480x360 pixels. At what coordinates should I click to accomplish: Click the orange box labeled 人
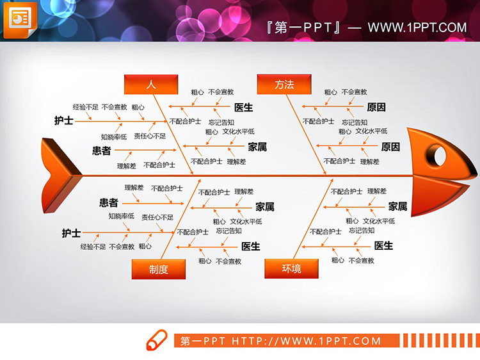(x=151, y=84)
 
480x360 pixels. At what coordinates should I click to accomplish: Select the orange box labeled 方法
(x=284, y=84)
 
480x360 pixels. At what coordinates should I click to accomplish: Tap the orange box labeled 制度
(x=159, y=269)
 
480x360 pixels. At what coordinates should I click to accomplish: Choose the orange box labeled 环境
(x=292, y=269)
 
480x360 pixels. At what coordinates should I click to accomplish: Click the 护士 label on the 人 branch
(x=63, y=120)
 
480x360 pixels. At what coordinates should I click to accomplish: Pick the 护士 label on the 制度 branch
(x=71, y=234)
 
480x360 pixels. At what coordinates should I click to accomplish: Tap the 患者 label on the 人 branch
(x=101, y=151)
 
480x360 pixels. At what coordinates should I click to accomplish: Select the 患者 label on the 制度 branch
(x=109, y=203)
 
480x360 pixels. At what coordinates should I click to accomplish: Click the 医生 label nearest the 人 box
(x=243, y=107)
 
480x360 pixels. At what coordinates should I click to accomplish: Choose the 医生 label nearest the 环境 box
(x=383, y=246)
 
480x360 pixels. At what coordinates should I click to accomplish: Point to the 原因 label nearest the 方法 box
(x=376, y=107)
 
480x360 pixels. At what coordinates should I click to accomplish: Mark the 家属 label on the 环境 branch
(x=397, y=206)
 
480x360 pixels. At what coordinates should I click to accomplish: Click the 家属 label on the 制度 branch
(x=264, y=206)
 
